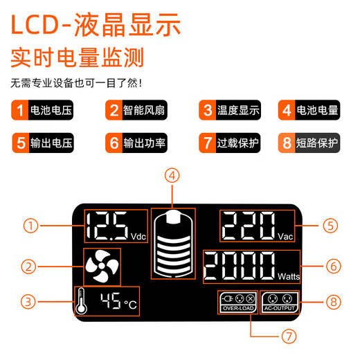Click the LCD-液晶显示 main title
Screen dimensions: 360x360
[96, 26]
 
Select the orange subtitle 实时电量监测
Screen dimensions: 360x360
[77, 57]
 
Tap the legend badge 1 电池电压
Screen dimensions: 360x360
[42, 110]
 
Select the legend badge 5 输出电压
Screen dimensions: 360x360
[42, 143]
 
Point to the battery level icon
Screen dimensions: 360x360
[172, 244]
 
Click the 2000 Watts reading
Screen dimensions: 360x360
[253, 266]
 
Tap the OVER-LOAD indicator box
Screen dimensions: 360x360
[237, 303]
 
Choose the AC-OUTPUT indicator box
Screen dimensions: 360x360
[280, 303]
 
